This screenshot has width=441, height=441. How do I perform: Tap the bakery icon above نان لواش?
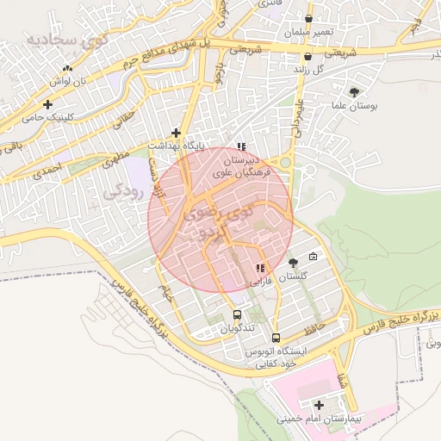coord(67,67)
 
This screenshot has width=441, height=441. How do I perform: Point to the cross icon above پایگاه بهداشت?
coord(177,133)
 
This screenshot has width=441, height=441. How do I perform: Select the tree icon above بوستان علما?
coord(353,91)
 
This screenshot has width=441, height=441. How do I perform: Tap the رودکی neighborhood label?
coord(121,191)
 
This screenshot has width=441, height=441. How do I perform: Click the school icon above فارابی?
coord(259,268)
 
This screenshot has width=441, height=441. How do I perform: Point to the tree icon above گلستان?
coord(294,263)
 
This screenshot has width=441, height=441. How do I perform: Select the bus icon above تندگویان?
coord(237,315)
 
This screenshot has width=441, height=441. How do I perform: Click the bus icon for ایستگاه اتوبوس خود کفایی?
coord(276,338)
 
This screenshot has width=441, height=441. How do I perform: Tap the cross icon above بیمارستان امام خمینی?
coord(320,405)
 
